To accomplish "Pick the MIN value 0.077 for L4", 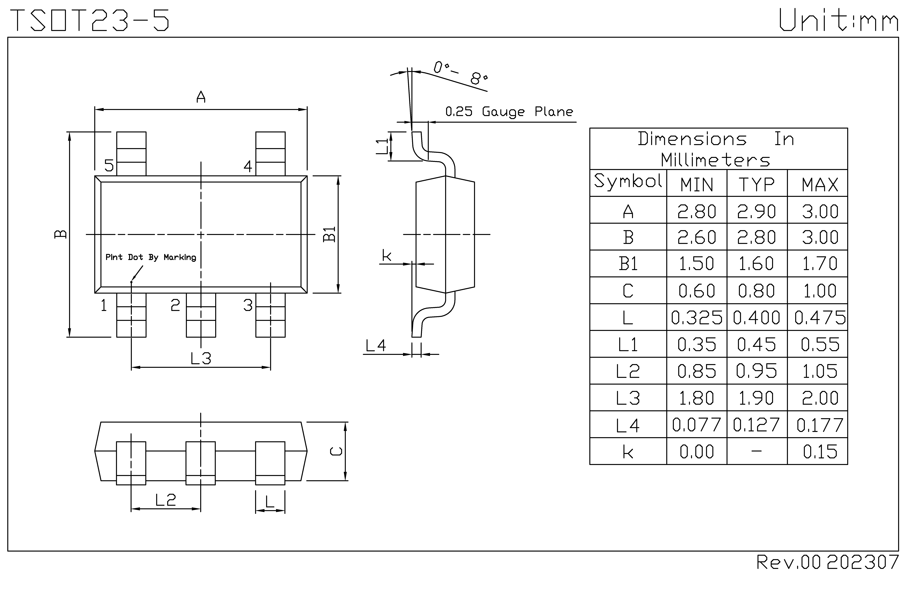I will click(x=696, y=425).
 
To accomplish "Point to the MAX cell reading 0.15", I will click(x=820, y=452).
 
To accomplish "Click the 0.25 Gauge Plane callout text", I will click(x=509, y=112).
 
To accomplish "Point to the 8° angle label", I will click(x=478, y=78).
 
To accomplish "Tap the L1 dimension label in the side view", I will click(x=382, y=146).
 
